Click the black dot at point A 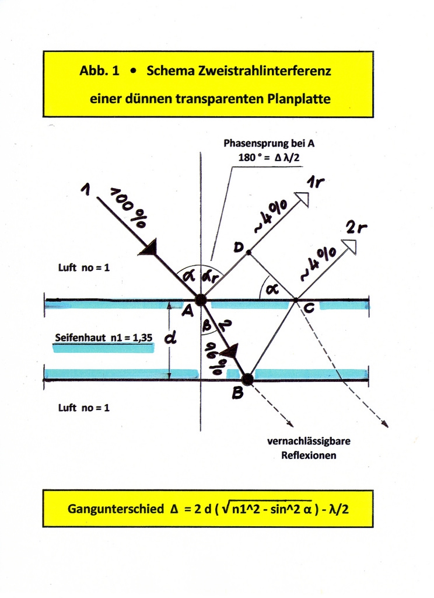click(200, 300)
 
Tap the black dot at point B click(247, 379)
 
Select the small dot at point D click(249, 252)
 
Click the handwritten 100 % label click(128, 208)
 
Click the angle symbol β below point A click(206, 326)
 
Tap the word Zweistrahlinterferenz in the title click(239, 71)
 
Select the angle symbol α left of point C click(269, 287)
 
